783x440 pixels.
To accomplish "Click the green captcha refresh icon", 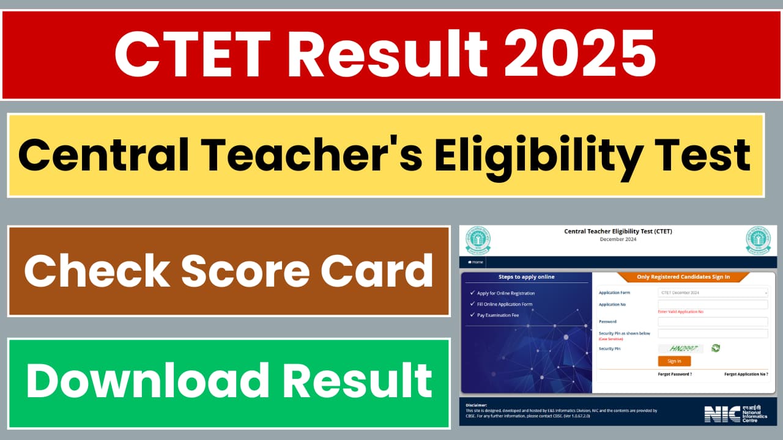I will (716, 348).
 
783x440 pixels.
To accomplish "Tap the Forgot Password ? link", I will (675, 374).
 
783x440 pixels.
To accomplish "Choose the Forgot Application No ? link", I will (746, 374).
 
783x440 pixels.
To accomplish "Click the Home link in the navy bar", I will (476, 262).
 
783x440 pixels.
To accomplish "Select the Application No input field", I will (713, 304).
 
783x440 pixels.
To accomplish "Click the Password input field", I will (713, 321).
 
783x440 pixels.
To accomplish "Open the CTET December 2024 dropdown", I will (713, 293).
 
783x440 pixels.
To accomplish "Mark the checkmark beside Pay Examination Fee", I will (472, 315).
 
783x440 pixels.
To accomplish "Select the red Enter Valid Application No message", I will (681, 312).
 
